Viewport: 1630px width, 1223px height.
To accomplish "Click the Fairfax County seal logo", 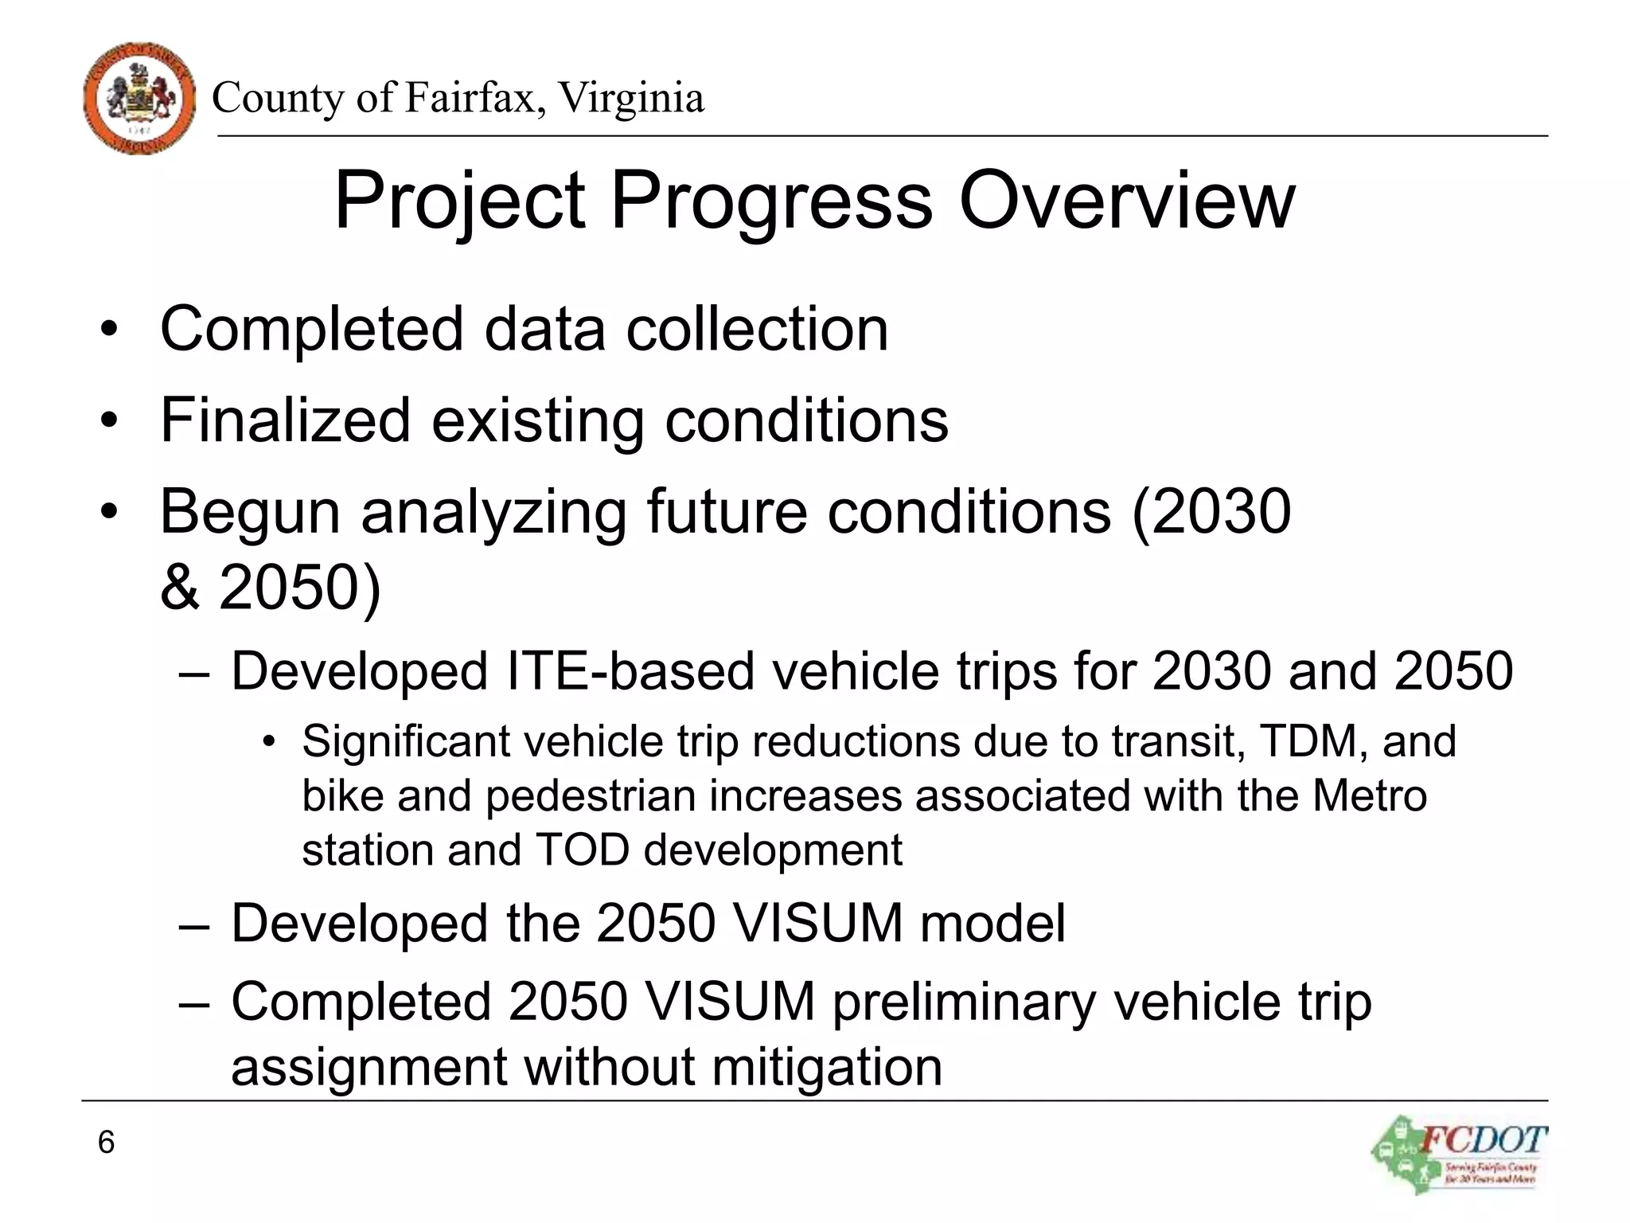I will [139, 99].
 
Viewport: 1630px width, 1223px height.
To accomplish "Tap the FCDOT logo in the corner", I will [1460, 1154].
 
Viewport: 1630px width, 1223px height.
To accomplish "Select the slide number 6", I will [106, 1142].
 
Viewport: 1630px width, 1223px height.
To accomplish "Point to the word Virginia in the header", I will [630, 98].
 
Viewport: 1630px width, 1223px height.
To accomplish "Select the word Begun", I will [250, 512].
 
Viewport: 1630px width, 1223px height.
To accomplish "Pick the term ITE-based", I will [630, 670].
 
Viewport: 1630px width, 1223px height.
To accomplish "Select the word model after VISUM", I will [992, 923].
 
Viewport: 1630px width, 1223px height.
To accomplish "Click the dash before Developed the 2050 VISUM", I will [194, 924].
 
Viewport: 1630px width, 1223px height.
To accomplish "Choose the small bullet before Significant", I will [268, 742].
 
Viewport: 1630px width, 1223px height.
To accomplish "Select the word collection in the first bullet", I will [757, 329].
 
